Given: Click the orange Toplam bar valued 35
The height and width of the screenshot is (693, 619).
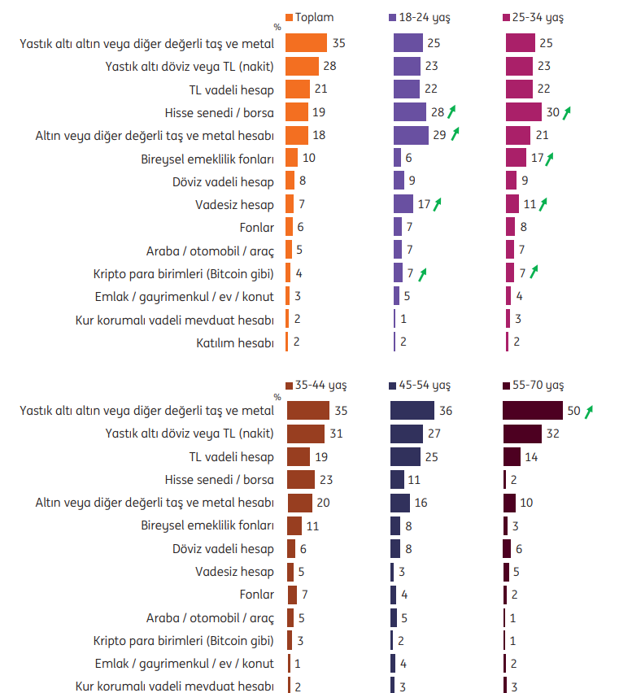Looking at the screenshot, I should coord(307,43).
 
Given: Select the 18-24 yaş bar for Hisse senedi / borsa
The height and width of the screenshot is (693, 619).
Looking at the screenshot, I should coord(410,112).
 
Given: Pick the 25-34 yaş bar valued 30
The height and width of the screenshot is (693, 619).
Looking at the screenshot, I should coord(524,112).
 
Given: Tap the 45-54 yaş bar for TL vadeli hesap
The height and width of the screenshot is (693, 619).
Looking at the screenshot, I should coord(405,457).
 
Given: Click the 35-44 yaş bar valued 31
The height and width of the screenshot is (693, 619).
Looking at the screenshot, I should coord(306,434).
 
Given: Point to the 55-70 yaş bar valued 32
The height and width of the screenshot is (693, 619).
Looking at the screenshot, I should coord(522,434).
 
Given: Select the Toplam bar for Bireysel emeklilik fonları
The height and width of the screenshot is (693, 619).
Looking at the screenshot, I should coord(292,158).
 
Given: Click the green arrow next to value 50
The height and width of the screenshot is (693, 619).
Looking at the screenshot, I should coord(589,411).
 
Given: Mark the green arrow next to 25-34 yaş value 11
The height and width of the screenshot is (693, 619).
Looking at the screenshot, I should coord(543,203).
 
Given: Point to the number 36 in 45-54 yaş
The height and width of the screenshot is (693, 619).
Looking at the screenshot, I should coord(446,411).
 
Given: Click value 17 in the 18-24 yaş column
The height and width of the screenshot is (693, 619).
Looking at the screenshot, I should coord(424,204).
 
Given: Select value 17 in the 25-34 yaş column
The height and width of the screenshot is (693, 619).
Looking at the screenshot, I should coord(536,158).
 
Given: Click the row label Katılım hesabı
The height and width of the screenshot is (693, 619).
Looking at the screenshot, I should coord(235,342).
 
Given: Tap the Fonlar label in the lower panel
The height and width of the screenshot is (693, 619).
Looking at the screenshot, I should coord(257,594).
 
